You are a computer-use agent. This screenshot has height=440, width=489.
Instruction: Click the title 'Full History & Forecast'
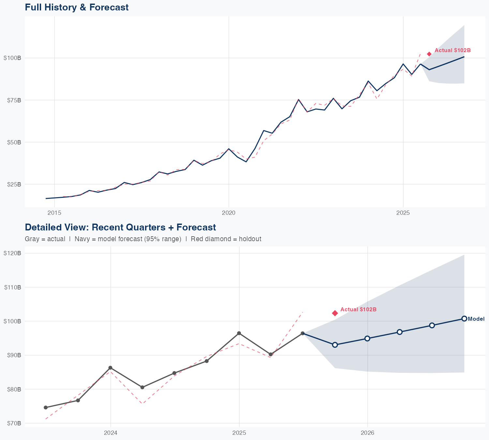77,7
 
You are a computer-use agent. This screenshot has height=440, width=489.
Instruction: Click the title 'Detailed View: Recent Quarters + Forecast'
120,227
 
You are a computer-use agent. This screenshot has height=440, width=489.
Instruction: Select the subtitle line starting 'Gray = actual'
143,239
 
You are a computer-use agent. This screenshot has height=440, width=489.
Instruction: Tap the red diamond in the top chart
429,54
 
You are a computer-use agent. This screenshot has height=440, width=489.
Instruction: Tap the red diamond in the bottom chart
335,313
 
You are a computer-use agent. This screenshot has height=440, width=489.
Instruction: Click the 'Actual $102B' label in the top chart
452,51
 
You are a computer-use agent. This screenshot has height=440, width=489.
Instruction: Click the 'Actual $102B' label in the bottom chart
358,309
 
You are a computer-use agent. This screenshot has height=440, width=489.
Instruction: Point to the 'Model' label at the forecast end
476,319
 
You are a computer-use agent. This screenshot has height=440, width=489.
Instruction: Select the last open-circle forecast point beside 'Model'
464,319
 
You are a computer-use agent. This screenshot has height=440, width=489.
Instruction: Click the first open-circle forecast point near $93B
335,345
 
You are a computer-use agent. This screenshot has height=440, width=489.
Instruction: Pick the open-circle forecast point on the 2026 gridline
367,338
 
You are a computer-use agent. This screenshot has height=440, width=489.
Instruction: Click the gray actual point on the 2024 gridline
110,368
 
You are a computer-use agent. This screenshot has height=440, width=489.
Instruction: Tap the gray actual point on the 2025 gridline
239,333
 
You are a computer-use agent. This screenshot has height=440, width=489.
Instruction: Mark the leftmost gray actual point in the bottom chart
46,407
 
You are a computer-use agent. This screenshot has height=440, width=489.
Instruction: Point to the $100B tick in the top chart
12,58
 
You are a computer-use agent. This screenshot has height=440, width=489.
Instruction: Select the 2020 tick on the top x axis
229,213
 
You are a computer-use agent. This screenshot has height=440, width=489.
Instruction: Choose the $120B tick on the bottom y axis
12,253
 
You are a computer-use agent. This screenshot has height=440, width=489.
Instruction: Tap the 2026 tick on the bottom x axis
367,433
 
